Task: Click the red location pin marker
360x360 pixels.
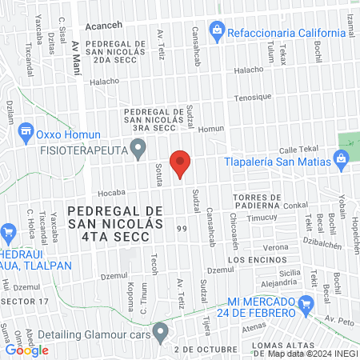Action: point(181,163)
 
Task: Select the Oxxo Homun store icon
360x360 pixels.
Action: point(26,130)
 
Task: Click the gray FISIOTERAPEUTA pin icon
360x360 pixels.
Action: point(139,147)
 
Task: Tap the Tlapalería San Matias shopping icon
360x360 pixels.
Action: point(342,158)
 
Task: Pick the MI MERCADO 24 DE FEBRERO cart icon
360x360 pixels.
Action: point(305,304)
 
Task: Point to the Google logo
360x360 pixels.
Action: point(26,350)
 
